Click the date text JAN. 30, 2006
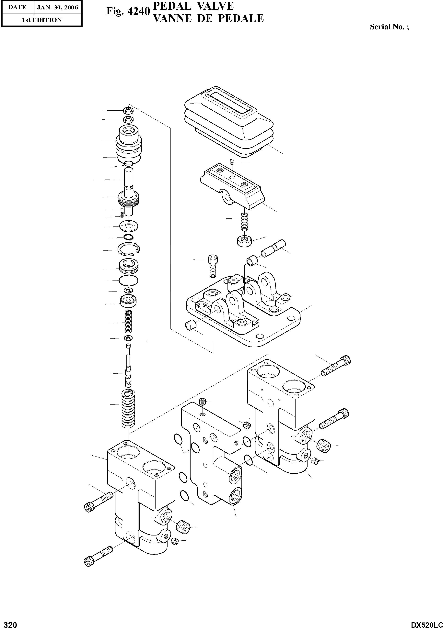[57, 7]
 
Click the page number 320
[9, 623]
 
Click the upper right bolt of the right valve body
[336, 366]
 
